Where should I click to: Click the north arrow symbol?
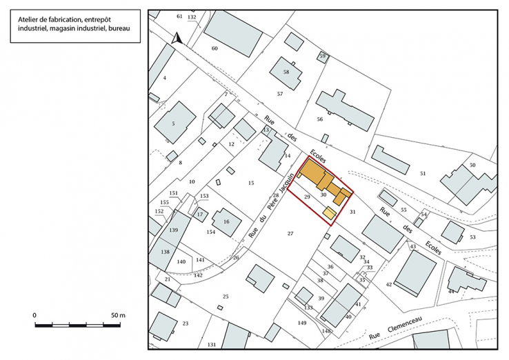coord(176,39)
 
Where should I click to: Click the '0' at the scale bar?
coord(34,314)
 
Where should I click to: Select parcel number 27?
coord(290,234)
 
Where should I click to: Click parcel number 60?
coord(214,48)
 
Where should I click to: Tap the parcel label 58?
coord(286,72)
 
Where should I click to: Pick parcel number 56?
coord(319,119)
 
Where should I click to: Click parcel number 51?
coord(423,174)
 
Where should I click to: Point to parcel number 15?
coord(251,183)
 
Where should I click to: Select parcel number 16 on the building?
coord(226,222)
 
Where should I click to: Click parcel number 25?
coord(225,296)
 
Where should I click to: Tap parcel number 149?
coord(301,323)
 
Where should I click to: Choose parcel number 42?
coord(389,284)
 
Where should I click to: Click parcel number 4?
coord(165,78)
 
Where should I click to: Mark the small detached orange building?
coord(329,214)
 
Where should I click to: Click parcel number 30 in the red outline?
coord(323,195)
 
